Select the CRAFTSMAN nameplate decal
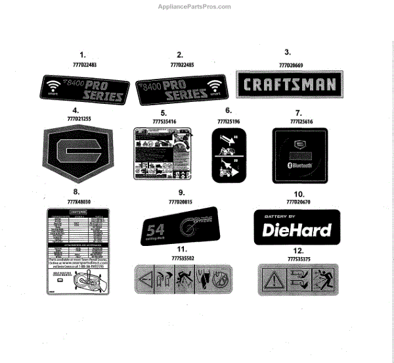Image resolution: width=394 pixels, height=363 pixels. click(x=286, y=85)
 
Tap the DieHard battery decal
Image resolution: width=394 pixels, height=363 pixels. click(x=296, y=227)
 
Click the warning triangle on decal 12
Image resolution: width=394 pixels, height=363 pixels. click(x=271, y=279)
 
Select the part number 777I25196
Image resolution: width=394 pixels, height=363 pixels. click(x=229, y=121)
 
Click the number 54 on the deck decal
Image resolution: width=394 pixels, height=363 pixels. click(x=155, y=231)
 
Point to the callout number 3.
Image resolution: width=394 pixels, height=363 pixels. click(x=288, y=53)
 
